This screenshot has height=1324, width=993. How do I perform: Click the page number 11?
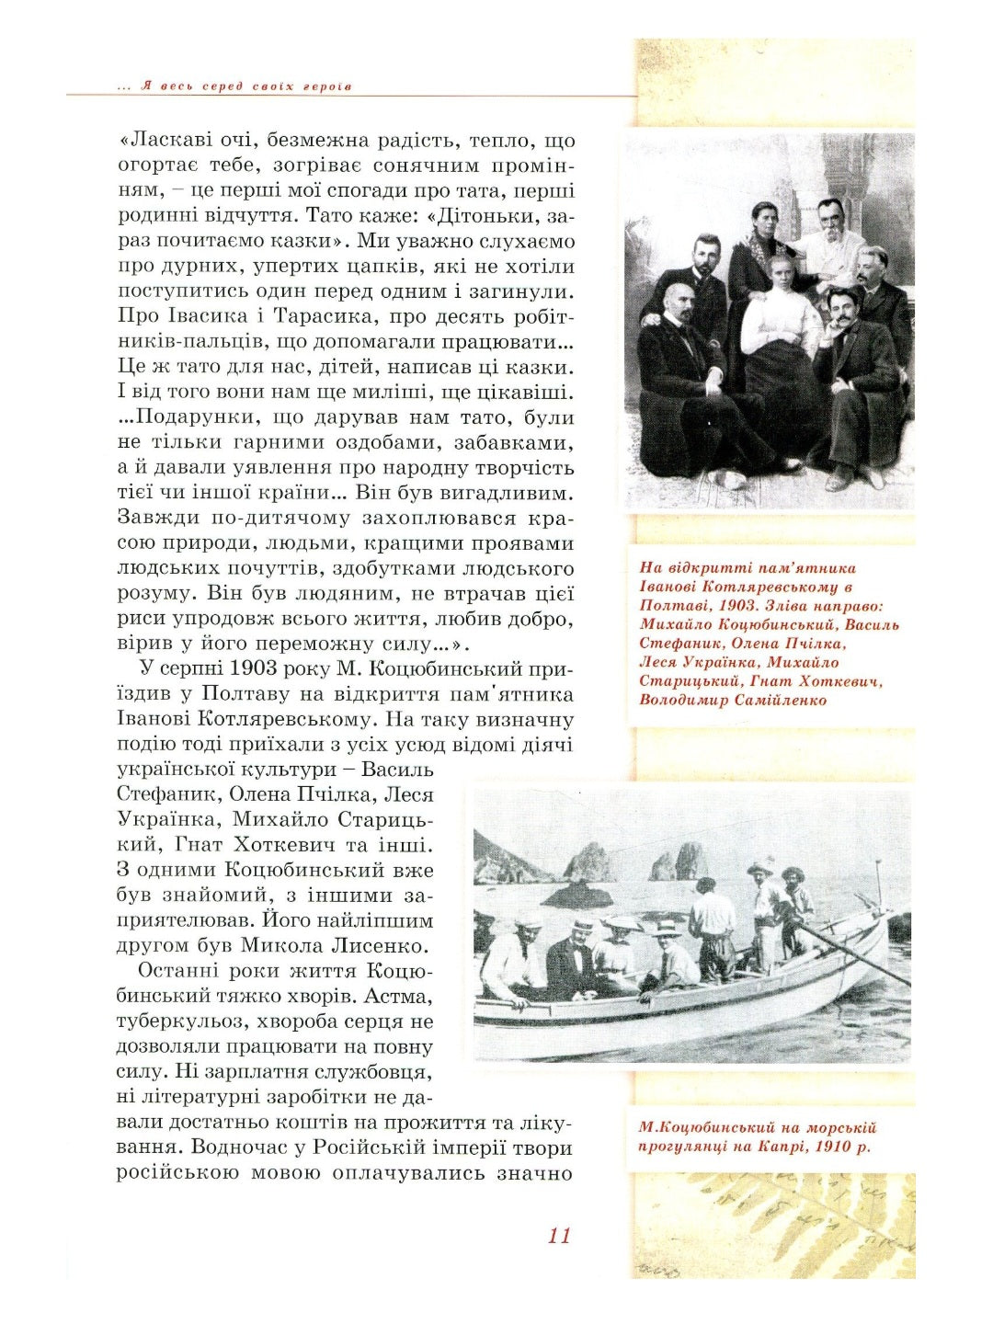[x=559, y=1235]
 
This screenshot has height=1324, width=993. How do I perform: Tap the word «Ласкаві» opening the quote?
[x=164, y=141]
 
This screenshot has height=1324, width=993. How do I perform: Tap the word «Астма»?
[x=400, y=996]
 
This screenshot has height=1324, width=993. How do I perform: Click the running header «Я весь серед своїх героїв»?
[x=246, y=86]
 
